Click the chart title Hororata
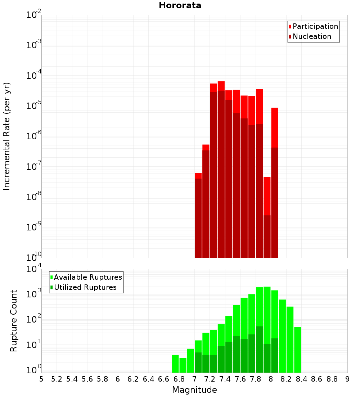[180, 5]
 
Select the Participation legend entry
[315, 26]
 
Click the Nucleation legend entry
[312, 36]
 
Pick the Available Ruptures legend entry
[87, 277]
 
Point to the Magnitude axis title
[194, 390]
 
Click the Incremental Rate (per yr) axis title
[7, 136]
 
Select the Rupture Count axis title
[14, 320]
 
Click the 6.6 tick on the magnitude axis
[164, 379]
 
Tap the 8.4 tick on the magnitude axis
[302, 379]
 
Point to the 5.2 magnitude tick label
[57, 379]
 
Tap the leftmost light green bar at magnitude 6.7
[175, 364]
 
